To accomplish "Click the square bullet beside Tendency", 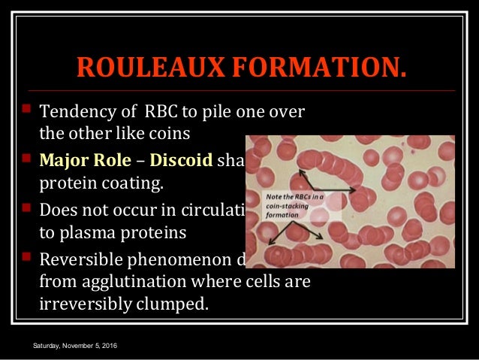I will [x=25, y=113].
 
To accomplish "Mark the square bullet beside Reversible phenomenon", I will [x=25, y=257].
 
